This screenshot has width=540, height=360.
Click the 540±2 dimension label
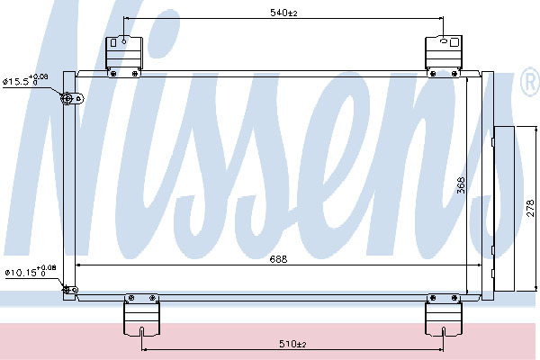tap(283, 13)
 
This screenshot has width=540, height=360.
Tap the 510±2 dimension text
tap(292, 344)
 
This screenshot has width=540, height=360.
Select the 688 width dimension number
tap(278, 258)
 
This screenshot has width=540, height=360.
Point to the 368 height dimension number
tap(461, 185)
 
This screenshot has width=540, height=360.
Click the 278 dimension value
tap(531, 208)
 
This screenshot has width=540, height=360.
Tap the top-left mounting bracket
tap(124, 56)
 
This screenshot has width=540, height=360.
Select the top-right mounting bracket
tap(444, 56)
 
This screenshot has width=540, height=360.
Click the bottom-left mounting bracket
tap(141, 314)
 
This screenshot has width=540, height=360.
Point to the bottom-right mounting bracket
tap(443, 314)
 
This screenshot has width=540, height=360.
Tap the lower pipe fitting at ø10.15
tap(70, 290)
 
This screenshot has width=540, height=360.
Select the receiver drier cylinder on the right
tap(503, 210)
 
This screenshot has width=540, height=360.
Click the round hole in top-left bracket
tap(124, 41)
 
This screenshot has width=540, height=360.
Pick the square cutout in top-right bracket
tap(454, 42)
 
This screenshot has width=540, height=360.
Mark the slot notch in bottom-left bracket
tap(142, 331)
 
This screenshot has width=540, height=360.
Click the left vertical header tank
tap(69, 185)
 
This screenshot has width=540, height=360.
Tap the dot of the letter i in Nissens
tap(165, 30)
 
